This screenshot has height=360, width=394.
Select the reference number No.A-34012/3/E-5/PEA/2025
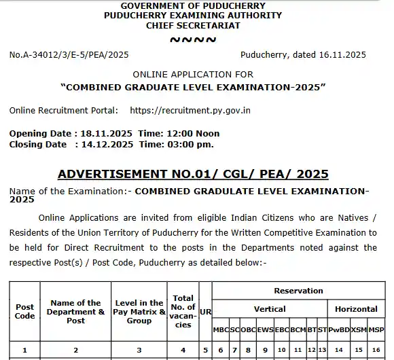coord(69,55)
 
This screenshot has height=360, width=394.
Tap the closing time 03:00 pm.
coord(190,144)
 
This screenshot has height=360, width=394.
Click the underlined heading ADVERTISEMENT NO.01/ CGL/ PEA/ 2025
coord(193,174)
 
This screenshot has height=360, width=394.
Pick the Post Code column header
coord(24,311)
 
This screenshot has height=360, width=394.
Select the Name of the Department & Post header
coord(76,311)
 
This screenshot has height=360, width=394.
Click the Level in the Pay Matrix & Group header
coord(139,311)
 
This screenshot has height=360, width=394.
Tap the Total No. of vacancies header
coord(183,311)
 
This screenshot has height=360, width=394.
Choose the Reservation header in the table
coord(298,291)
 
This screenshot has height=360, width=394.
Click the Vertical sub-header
coord(270,309)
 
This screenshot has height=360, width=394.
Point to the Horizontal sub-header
coord(356,309)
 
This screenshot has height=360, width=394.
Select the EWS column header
coord(265,329)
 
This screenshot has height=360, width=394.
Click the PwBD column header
coord(338,329)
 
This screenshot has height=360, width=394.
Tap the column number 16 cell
coord(376,350)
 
